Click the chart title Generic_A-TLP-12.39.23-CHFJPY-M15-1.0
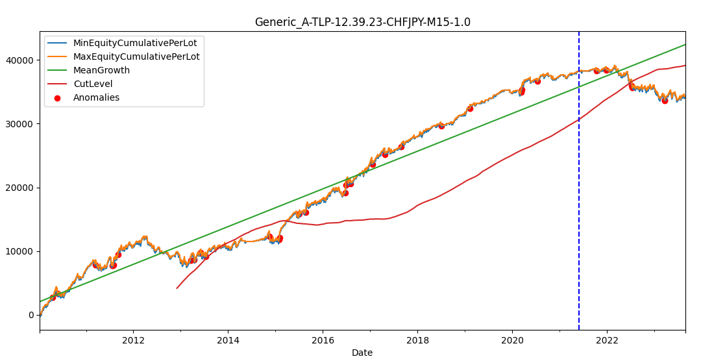363,22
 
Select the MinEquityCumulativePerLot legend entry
135,43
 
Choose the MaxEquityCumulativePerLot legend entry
136,56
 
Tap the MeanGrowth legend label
101,70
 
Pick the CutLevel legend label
93,84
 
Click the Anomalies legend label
96,97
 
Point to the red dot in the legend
57,98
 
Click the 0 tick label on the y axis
31,316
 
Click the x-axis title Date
362,353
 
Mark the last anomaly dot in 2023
665,101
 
